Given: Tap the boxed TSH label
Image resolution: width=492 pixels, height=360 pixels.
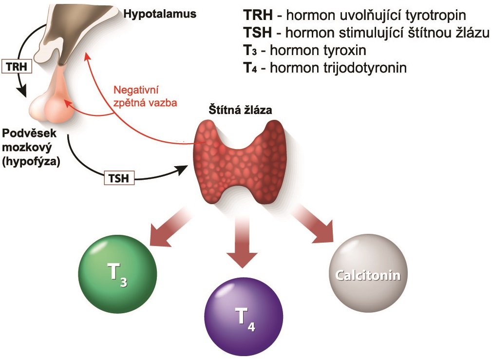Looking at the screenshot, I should tap(118, 178).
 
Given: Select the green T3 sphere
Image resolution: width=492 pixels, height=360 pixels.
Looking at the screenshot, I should tap(118, 270).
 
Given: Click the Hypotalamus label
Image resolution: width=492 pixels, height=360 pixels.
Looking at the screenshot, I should tap(160, 14).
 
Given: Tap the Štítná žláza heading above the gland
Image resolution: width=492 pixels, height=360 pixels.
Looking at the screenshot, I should tap(241, 110).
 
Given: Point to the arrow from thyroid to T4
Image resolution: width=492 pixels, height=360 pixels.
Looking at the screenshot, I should tap(242, 241).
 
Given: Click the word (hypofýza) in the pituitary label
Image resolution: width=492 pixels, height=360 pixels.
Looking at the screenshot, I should tap(31, 162).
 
